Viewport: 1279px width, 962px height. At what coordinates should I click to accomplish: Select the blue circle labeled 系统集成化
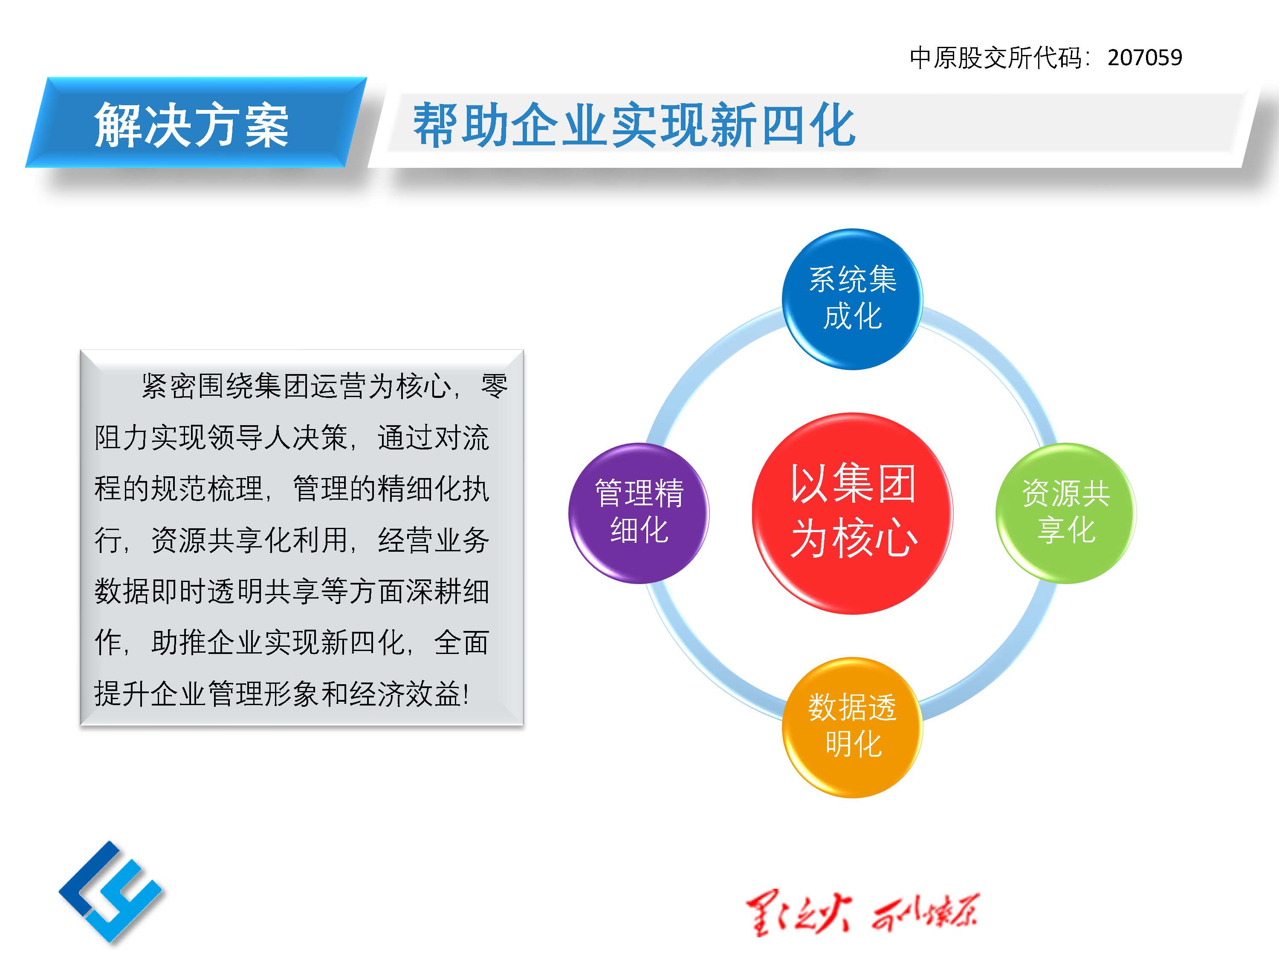[x=852, y=299]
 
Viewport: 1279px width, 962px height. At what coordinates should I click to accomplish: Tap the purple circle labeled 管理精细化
[x=639, y=513]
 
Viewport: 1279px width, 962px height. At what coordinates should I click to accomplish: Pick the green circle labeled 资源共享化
[x=1066, y=513]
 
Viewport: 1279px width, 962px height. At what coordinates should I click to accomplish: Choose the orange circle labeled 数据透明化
[x=852, y=727]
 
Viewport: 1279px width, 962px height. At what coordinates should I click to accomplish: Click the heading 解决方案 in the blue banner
[x=191, y=125]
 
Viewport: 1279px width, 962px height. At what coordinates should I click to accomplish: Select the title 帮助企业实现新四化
[x=634, y=125]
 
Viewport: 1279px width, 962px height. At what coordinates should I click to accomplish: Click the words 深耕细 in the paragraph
[x=448, y=591]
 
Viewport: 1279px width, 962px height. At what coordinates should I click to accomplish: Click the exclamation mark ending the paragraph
[x=466, y=694]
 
